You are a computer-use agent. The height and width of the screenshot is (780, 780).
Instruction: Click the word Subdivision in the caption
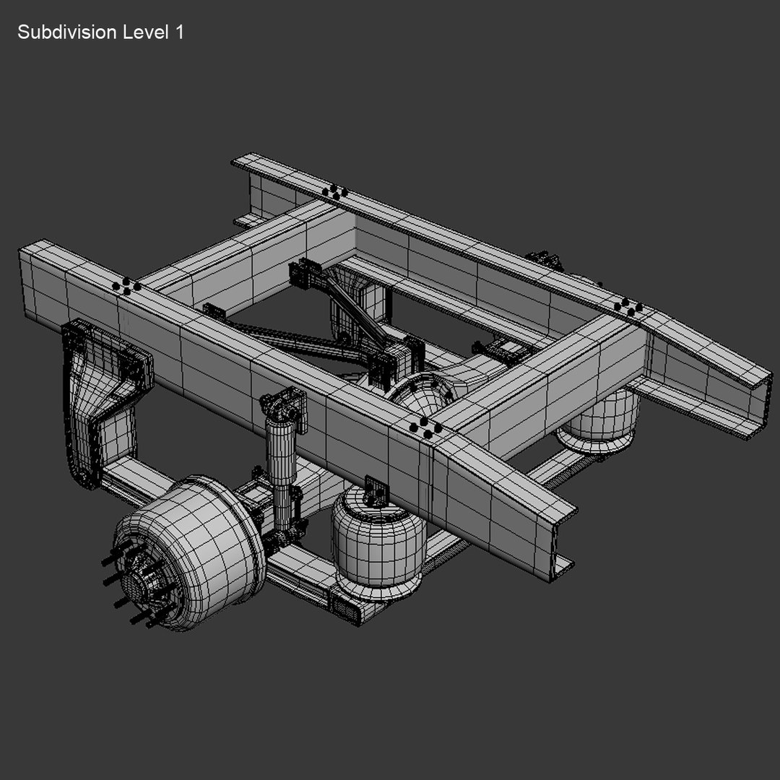(66, 32)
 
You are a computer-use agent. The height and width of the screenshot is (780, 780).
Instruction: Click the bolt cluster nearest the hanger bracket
(126, 286)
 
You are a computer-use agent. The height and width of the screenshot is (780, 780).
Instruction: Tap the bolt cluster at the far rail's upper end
(335, 192)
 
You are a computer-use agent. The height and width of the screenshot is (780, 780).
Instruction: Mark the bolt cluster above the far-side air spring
(628, 308)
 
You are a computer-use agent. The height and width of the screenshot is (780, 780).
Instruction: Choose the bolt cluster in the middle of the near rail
(426, 429)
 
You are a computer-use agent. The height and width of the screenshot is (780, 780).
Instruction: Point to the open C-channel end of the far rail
(755, 404)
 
